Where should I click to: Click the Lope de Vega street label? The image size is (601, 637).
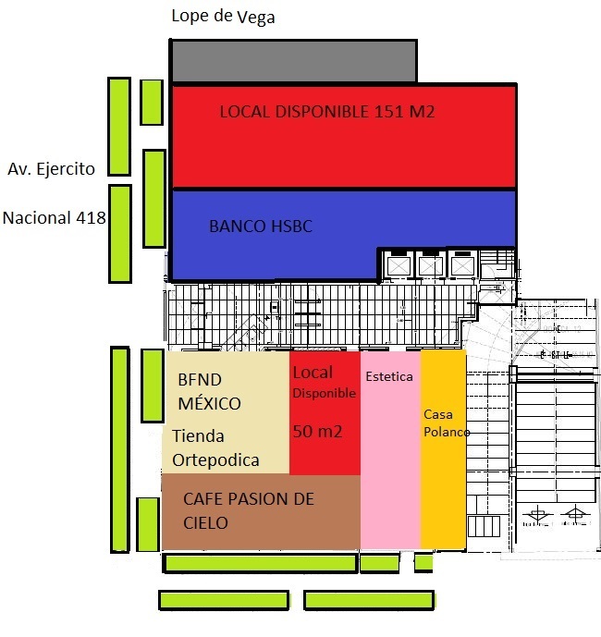point(223,17)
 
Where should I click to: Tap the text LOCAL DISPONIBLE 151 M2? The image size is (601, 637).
point(326,112)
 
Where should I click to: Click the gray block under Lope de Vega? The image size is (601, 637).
point(292,61)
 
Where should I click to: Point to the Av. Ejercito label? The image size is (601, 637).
point(53,168)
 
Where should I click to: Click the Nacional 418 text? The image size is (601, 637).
point(54,218)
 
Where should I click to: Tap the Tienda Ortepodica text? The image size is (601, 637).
point(215,447)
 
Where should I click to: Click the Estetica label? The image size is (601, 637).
point(389,377)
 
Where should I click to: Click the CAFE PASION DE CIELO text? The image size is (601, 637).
point(248,510)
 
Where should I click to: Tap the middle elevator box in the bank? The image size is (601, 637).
point(430,265)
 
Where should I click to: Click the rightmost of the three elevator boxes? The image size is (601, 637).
point(460,265)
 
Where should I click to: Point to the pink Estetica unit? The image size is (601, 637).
point(389,462)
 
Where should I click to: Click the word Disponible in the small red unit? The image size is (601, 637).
point(324,393)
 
